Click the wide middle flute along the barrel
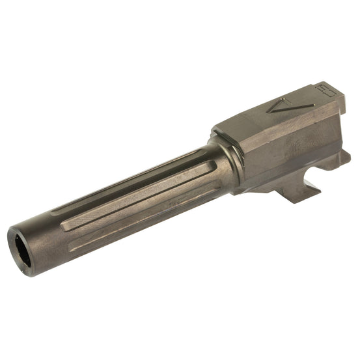point(130,188)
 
